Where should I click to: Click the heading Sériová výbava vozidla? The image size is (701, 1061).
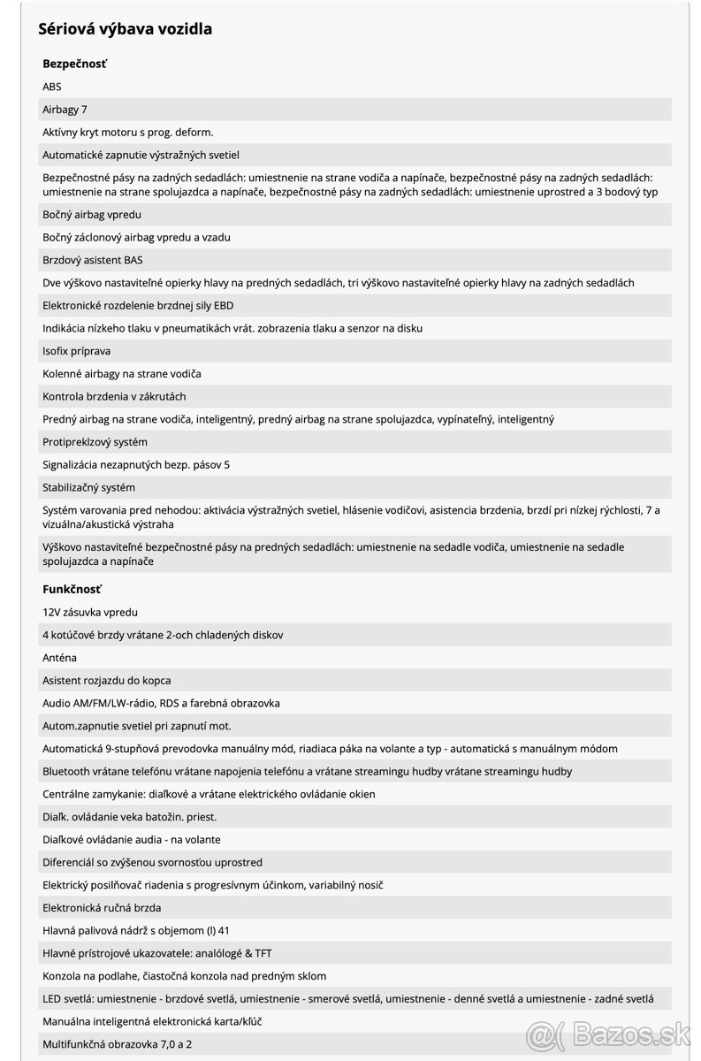point(126,29)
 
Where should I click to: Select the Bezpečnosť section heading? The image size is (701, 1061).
point(74,64)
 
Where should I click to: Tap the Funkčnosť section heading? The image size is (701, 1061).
point(72,589)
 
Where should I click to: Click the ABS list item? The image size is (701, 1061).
point(52,87)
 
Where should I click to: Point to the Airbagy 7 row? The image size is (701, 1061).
point(65,110)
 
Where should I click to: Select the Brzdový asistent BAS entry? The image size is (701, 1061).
point(92,260)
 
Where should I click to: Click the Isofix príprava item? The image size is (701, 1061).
point(78,351)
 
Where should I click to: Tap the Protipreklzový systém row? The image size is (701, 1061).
point(95,442)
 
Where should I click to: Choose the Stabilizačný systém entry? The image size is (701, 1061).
point(88,487)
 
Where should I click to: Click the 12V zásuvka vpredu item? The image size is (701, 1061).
point(90,612)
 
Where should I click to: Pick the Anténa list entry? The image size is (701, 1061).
point(59,658)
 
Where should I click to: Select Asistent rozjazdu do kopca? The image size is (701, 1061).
point(106,681)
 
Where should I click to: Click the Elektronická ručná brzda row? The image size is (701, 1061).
point(102,908)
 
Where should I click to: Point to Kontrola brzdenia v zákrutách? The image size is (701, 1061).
point(114,397)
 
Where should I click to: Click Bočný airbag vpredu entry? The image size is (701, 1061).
point(92,215)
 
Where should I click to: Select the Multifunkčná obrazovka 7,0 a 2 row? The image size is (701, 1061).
point(117,1044)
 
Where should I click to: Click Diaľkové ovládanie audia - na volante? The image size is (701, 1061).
point(131,840)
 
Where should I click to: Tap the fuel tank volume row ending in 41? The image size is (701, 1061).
point(135,930)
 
